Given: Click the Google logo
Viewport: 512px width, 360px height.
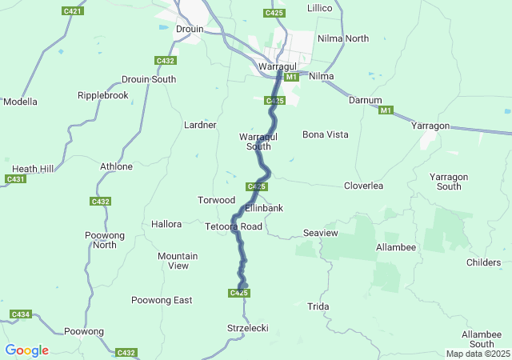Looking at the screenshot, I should click(x=26, y=350).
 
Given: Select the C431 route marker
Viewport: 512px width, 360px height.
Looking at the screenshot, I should click(x=15, y=179).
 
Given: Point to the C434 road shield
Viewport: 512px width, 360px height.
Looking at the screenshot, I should click(x=21, y=314).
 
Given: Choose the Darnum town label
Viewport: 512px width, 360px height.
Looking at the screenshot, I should click(x=365, y=100).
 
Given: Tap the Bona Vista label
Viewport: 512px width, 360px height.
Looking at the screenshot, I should click(x=325, y=134).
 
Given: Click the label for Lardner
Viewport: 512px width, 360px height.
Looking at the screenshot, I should click(x=199, y=126).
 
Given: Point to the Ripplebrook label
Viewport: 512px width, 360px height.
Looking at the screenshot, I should click(x=102, y=95).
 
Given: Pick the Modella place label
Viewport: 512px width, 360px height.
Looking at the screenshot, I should click(x=20, y=102).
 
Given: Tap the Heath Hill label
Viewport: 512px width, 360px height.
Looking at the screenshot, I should click(x=34, y=169).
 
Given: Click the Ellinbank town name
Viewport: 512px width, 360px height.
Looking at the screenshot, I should click(x=264, y=208).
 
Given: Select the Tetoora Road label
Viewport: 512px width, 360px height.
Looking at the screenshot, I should click(x=234, y=226).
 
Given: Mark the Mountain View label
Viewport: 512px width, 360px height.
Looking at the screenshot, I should click(x=178, y=261).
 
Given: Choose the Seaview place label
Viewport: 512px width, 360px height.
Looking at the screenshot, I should click(x=321, y=233).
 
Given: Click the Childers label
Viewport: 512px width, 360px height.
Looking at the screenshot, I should click(x=483, y=262).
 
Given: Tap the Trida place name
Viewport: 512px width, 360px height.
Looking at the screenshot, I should click(x=318, y=306).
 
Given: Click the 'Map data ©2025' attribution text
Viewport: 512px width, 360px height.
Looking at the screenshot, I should click(x=477, y=354).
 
